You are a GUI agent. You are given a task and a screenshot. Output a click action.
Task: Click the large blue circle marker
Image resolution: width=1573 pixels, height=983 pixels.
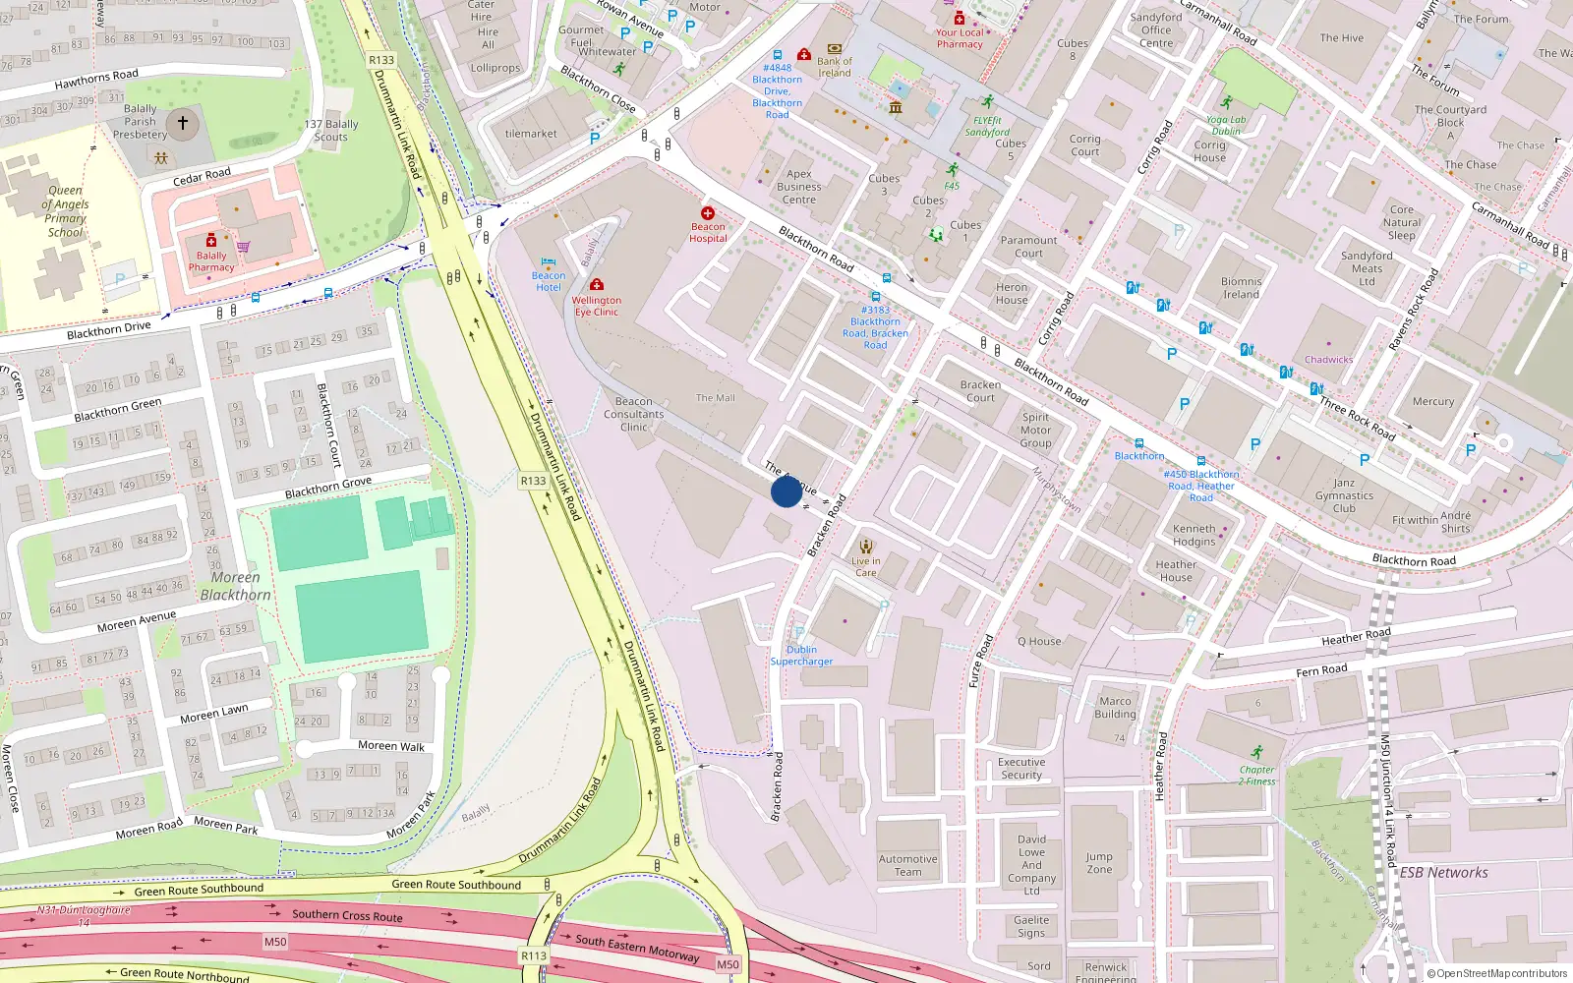coord(786,491)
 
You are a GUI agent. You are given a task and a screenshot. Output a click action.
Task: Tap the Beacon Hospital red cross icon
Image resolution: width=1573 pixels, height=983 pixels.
coord(708,213)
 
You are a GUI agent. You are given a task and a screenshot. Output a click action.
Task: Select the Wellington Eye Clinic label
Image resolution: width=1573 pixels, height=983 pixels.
coord(596,306)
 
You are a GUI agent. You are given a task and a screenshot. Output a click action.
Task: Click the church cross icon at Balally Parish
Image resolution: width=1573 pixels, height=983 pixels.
coord(182,124)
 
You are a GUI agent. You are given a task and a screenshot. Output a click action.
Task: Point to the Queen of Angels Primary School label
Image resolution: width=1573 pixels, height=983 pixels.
coord(67,211)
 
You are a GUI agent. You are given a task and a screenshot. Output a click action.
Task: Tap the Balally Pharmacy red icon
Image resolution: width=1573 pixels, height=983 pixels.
coord(210,241)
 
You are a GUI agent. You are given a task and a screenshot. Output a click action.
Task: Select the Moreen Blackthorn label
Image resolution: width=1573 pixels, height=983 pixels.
coord(235,586)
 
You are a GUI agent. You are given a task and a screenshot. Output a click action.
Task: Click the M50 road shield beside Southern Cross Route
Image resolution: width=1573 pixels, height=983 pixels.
coord(275,942)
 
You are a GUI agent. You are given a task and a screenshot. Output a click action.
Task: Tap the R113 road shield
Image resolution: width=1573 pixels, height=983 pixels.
coord(534,955)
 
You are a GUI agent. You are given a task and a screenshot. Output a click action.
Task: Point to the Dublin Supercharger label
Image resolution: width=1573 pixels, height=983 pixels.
coord(801,656)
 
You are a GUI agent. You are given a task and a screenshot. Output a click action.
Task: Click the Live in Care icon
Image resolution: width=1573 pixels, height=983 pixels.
coord(866,547)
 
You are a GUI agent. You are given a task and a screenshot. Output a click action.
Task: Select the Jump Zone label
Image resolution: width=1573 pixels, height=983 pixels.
coord(1099,863)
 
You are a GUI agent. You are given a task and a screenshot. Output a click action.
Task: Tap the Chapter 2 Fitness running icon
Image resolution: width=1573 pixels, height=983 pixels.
coord(1256,752)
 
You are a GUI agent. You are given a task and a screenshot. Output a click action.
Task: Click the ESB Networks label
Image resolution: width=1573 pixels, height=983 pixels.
coord(1443,873)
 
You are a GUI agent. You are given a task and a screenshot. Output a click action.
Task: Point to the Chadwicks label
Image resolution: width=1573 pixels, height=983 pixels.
coord(1328,360)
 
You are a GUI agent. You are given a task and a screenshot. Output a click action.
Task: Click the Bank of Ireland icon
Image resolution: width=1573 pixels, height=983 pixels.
coord(835,48)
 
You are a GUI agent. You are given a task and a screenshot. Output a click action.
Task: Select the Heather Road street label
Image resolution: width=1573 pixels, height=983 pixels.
coord(1356,637)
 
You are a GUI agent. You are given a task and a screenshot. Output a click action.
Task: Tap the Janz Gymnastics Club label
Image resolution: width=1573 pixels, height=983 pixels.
coord(1344,495)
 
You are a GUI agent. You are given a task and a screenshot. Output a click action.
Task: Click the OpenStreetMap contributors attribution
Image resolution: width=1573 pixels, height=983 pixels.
coord(1497,973)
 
